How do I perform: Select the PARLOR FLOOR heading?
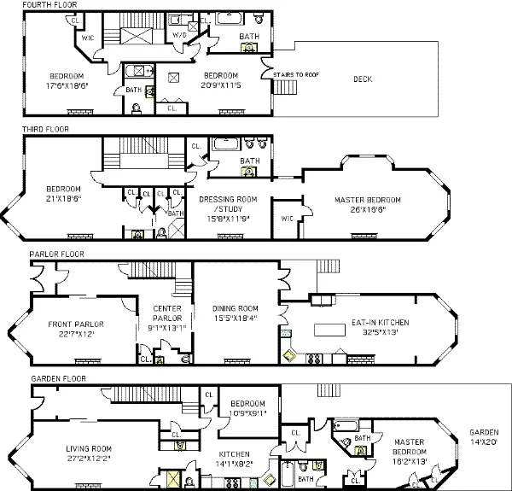point(53,254)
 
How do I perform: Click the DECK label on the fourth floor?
point(363,79)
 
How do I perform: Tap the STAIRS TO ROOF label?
point(291,74)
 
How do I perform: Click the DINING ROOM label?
point(235,308)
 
